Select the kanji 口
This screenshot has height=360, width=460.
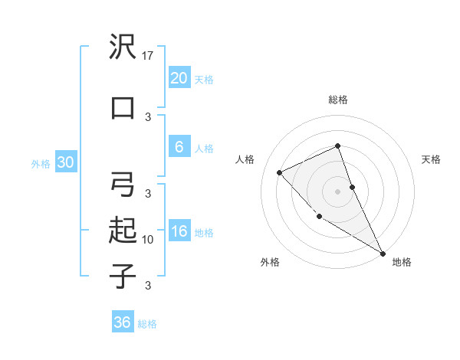pyautogui.click(x=123, y=107)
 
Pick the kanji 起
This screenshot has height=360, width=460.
pyautogui.click(x=123, y=230)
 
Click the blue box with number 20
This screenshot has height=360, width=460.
pyautogui.click(x=179, y=78)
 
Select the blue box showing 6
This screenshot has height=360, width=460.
pyautogui.click(x=179, y=147)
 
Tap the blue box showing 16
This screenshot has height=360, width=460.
pyautogui.click(x=179, y=232)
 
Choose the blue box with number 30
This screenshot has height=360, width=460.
pyautogui.click(x=65, y=162)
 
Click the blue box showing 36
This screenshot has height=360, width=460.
pyautogui.click(x=123, y=322)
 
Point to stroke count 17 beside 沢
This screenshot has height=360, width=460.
pyautogui.click(x=149, y=56)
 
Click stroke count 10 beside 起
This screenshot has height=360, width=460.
pyautogui.click(x=149, y=240)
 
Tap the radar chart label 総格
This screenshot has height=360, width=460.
pyautogui.click(x=338, y=100)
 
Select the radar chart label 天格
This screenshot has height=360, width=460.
pyautogui.click(x=432, y=159)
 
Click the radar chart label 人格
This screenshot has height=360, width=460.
pyautogui.click(x=245, y=159)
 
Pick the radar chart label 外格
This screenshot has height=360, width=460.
pyautogui.click(x=270, y=262)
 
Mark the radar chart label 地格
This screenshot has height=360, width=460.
pyautogui.click(x=402, y=262)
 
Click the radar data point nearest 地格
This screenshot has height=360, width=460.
pyautogui.click(x=383, y=253)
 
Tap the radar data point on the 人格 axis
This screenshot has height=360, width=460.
pyautogui.click(x=280, y=172)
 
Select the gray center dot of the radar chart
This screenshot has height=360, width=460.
pyautogui.click(x=338, y=191)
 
